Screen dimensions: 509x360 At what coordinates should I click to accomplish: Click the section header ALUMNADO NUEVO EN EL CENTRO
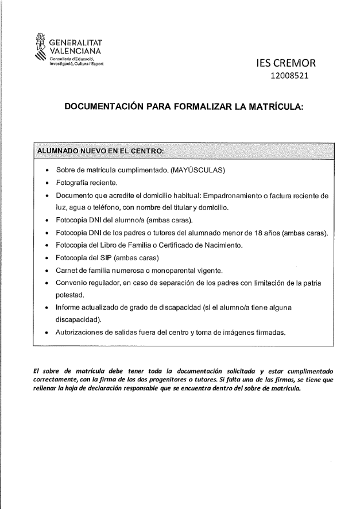100,151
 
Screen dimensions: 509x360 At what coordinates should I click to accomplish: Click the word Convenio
72,283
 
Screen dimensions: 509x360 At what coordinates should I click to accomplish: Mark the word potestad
73,295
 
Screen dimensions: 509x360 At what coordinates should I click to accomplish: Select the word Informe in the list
70,308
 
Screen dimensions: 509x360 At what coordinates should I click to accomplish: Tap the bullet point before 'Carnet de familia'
45,271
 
